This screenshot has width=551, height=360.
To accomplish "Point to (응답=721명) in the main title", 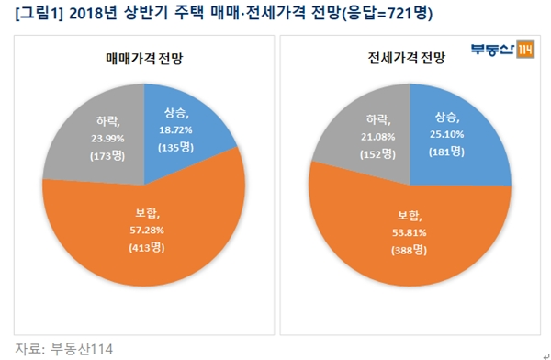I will (388, 13).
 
